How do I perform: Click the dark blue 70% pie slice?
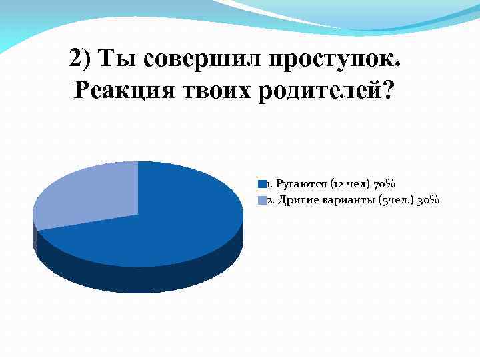167,220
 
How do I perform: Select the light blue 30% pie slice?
87,197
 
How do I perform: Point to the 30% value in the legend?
427,200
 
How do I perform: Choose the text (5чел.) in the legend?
395,200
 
